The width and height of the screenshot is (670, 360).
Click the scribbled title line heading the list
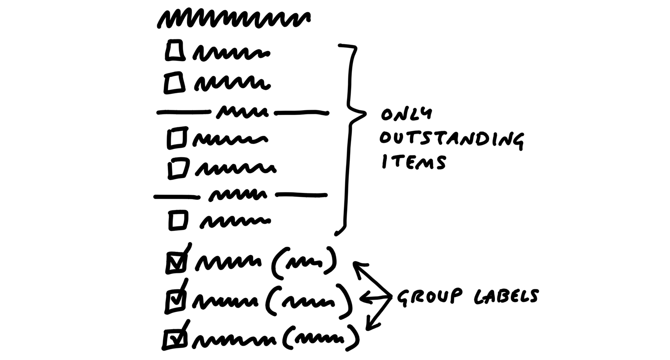[233, 19]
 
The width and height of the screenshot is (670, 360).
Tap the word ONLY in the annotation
[406, 114]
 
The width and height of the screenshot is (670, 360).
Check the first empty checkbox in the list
[174, 50]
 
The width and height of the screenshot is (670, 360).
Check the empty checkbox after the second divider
[178, 221]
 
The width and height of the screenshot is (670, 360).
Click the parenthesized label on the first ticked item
[304, 261]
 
